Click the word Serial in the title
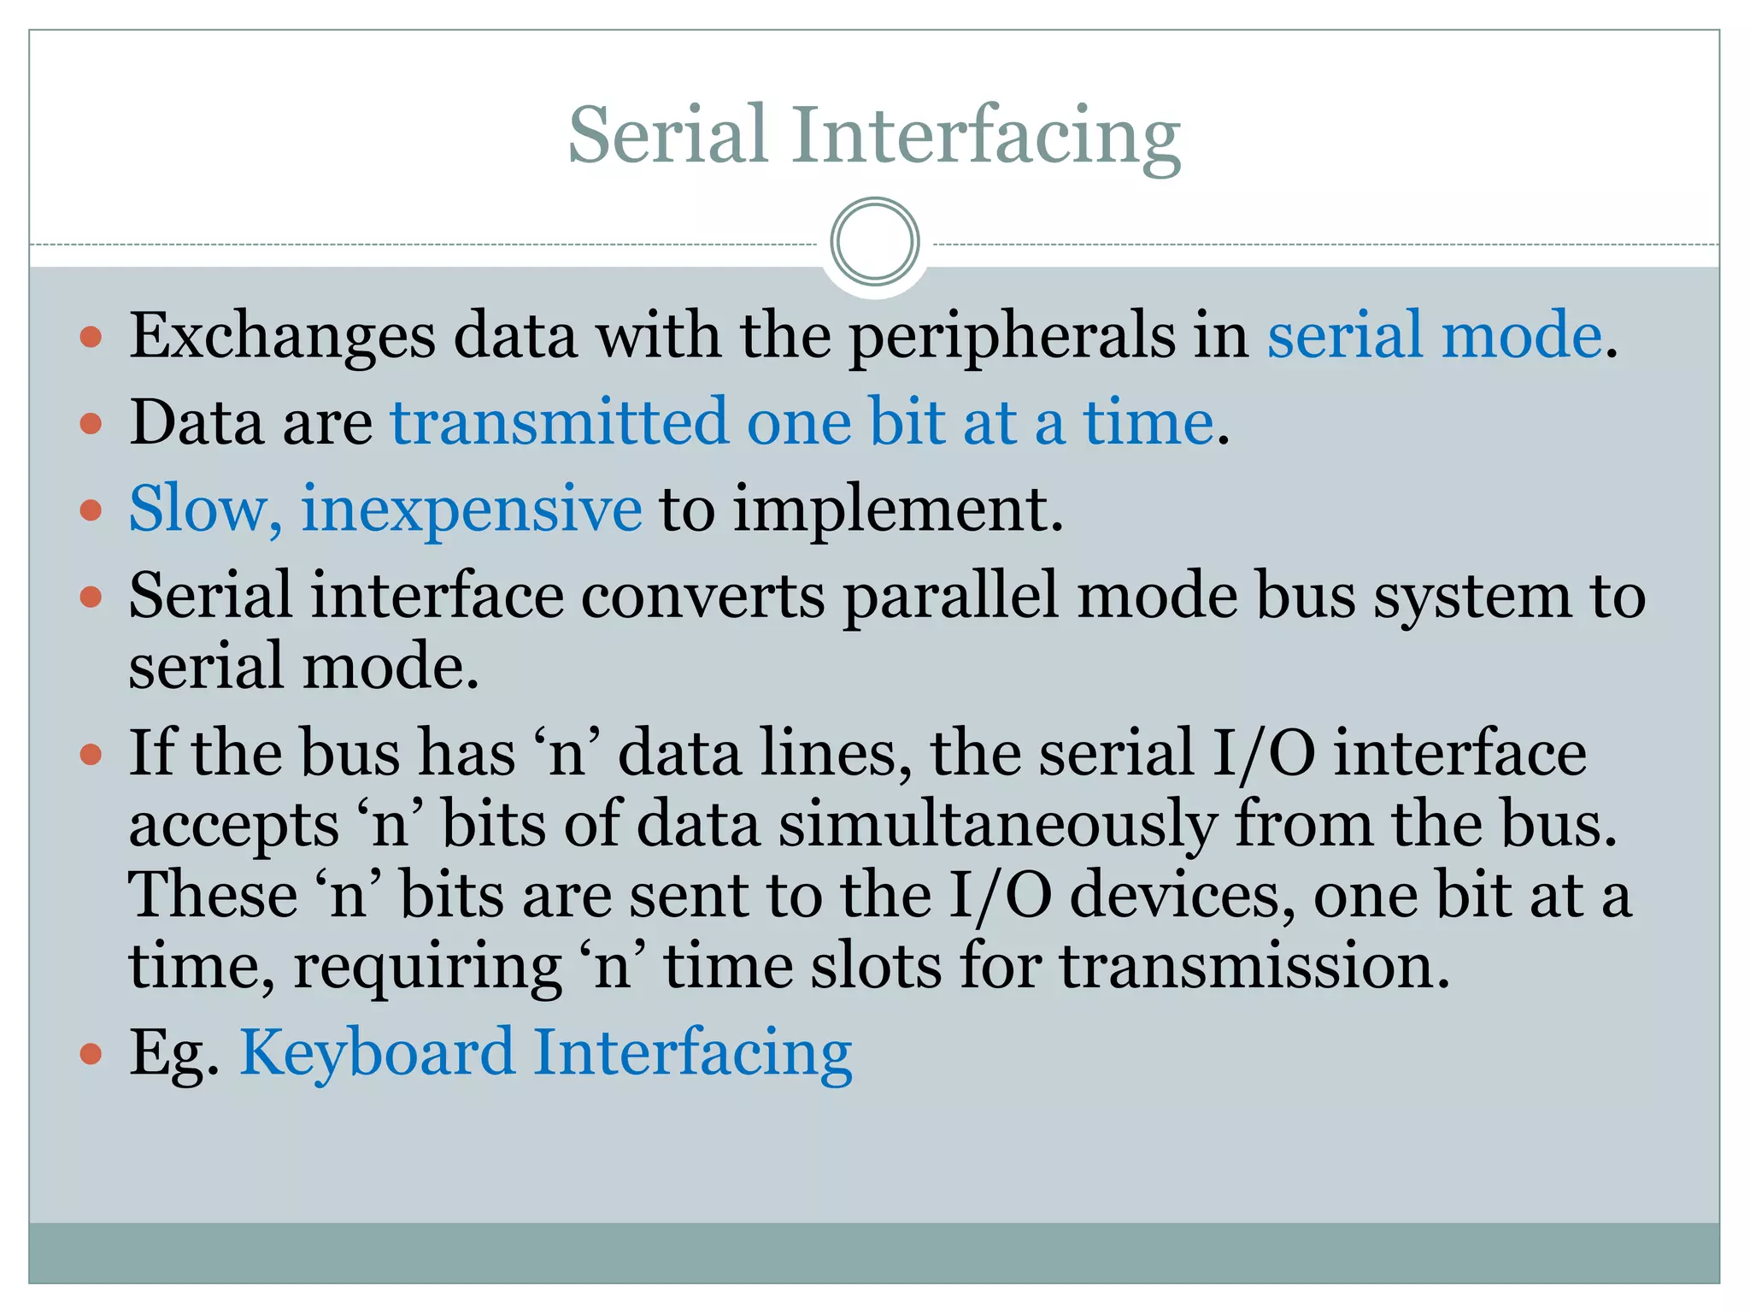pos(667,135)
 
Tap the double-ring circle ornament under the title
pos(874,241)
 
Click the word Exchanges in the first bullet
pos(282,335)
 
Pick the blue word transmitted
pos(559,422)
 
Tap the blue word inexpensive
pos(471,509)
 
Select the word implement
pos(897,509)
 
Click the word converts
pos(702,596)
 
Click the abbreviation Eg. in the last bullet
pos(174,1052)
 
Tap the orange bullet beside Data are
pos(91,424)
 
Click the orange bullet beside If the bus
pos(91,755)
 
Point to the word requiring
pos(427,967)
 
